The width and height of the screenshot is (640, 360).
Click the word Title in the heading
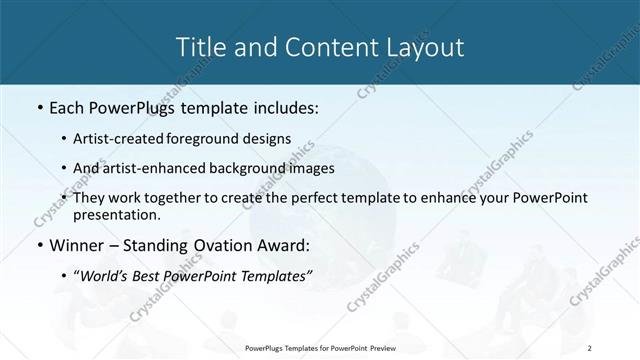(x=200, y=47)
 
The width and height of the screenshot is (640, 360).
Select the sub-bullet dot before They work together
(x=64, y=198)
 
